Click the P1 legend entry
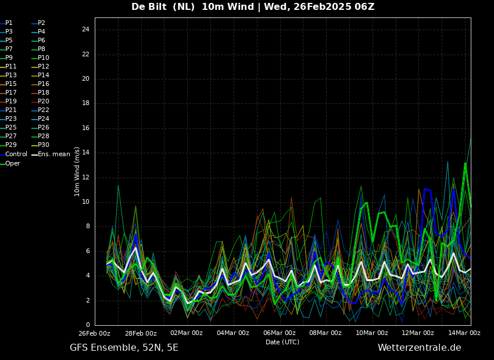(x=6, y=23)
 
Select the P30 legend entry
(x=41, y=145)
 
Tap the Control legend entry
(x=13, y=154)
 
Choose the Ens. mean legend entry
(x=51, y=154)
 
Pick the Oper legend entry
(x=10, y=163)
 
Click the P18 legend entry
(x=41, y=92)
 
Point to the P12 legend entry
(x=41, y=66)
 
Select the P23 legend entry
(x=8, y=118)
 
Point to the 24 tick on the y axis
(x=85, y=30)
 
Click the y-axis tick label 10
(x=85, y=202)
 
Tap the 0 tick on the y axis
(x=88, y=325)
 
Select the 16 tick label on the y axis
(x=85, y=128)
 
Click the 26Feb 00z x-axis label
(x=94, y=333)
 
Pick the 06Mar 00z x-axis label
(x=280, y=333)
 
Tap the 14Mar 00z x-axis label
(x=464, y=333)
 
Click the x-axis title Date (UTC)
(x=282, y=342)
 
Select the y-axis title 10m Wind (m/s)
(x=77, y=171)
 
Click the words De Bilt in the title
(x=149, y=6)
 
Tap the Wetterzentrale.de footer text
(x=420, y=348)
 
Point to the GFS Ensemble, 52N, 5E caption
(x=124, y=348)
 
